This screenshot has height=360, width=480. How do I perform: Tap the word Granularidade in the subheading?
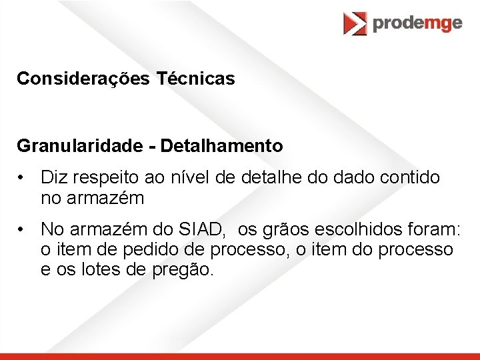tap(79, 145)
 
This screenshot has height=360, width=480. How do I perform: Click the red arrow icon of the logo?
tap(355, 24)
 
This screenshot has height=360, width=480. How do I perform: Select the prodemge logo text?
tap(417, 23)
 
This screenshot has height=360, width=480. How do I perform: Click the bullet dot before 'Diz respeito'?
tap(22, 178)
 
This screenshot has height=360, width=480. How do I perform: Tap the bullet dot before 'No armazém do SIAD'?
tap(22, 229)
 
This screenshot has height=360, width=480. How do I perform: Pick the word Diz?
tap(54, 178)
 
